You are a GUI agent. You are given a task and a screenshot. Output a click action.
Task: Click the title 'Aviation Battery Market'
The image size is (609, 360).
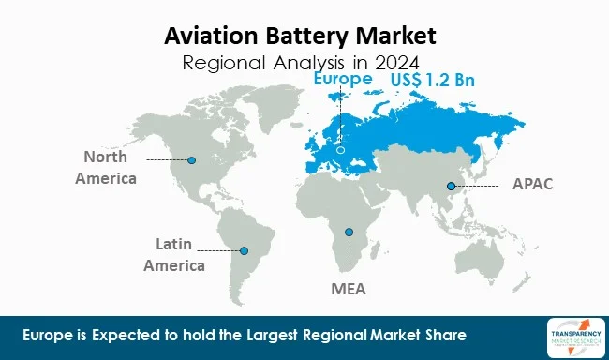(x=300, y=37)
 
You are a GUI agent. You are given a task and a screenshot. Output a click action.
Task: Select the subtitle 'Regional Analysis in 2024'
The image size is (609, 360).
(x=300, y=64)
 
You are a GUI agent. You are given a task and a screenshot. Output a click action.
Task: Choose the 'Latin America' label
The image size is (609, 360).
(x=174, y=255)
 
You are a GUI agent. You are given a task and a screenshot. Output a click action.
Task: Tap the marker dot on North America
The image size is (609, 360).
(x=192, y=160)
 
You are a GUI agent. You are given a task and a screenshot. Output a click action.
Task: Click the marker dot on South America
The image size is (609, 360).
(x=245, y=250)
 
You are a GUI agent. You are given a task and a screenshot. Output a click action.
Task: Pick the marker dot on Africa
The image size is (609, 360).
(x=349, y=232)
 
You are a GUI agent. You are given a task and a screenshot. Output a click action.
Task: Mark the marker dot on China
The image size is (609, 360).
(x=450, y=186)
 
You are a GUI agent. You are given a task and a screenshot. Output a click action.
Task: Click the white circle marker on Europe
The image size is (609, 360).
(x=341, y=148)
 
